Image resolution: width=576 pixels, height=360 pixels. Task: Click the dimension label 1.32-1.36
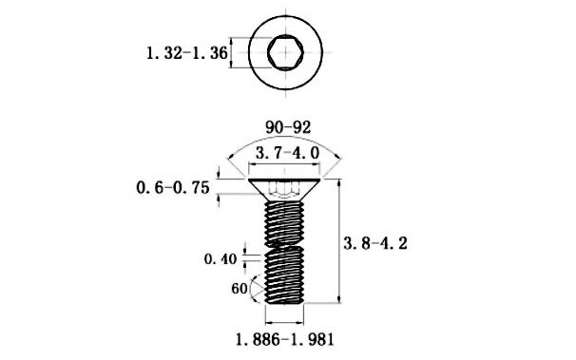187,53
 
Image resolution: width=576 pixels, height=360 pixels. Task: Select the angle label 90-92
288,127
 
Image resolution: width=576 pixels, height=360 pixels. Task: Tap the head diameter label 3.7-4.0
288,153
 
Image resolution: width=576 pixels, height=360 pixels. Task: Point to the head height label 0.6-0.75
173,187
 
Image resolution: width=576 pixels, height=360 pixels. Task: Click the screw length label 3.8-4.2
375,243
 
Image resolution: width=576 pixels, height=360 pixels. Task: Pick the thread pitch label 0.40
221,259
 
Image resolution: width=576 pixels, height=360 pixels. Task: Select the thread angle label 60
240,289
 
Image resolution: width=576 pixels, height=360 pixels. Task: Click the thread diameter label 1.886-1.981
285,339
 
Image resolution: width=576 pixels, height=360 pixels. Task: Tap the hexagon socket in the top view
285,52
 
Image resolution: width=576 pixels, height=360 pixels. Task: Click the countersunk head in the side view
285,189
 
